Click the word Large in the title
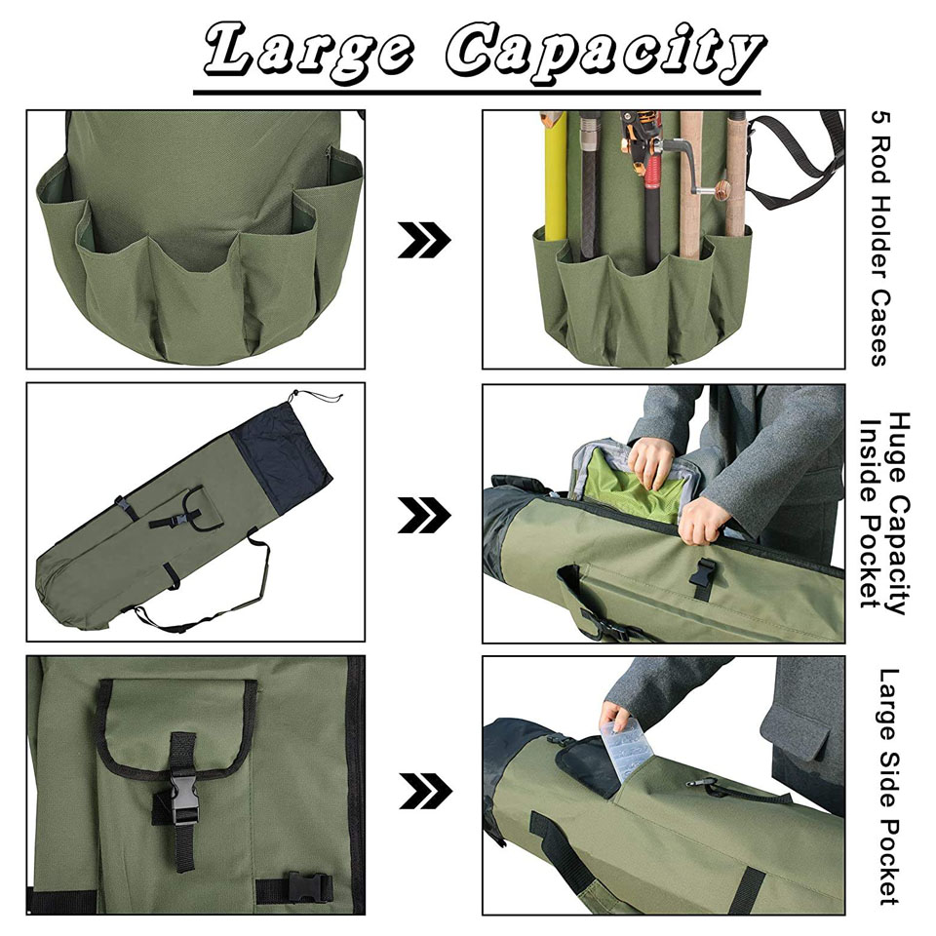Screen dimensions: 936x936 coord(307,51)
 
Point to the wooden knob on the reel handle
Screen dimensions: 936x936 coord(722,190)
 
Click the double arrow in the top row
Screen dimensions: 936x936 coord(424,240)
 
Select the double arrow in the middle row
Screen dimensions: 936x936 coord(424,515)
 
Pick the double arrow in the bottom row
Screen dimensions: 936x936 coord(425,791)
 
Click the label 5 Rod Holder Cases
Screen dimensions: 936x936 coord(879,238)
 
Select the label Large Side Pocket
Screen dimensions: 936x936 coord(889,787)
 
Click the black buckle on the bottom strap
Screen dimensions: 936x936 coord(309,887)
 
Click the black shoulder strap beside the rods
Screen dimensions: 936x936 coord(795,160)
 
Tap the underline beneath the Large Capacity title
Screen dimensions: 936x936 coord(477,93)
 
